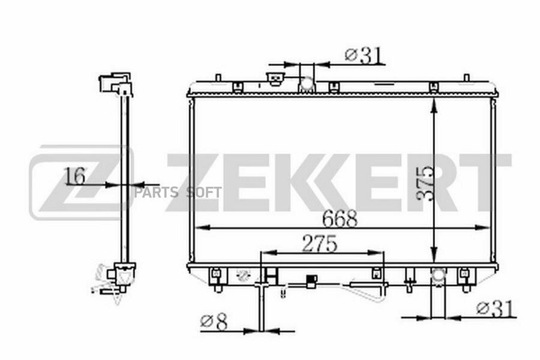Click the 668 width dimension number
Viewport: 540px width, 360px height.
click(x=340, y=218)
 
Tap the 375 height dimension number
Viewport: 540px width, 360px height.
click(x=424, y=183)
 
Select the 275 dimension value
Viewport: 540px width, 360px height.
click(x=320, y=244)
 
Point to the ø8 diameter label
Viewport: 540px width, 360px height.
click(x=214, y=322)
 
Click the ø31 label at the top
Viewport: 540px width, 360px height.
click(x=364, y=55)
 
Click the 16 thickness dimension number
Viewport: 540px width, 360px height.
click(x=75, y=176)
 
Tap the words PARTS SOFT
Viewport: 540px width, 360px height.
click(x=178, y=193)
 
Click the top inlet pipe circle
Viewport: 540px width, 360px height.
click(x=307, y=84)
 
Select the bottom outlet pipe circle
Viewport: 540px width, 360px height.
click(x=439, y=275)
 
